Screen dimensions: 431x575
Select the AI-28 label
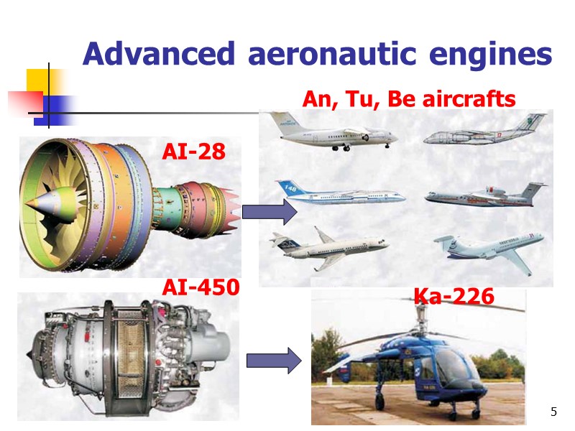193,152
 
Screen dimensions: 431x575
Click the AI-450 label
201,287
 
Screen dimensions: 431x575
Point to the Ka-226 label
454,295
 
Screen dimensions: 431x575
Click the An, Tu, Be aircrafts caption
409,99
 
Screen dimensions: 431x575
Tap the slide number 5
553,412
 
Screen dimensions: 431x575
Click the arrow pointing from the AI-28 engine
270,212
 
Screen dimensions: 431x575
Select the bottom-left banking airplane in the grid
328,249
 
